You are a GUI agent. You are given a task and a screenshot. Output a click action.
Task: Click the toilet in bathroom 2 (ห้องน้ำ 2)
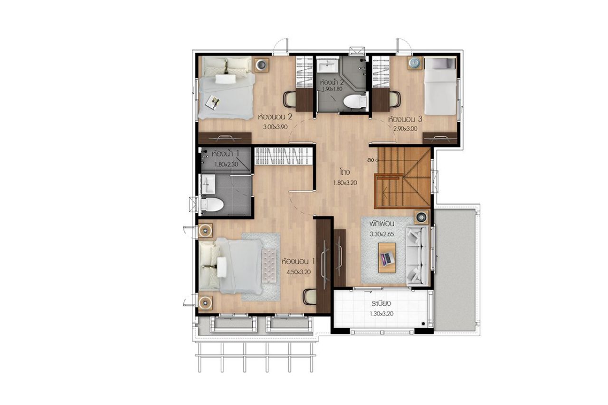(355, 102)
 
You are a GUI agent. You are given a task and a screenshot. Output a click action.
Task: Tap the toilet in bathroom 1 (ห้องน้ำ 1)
(212, 204)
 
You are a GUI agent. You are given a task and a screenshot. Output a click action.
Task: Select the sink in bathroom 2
(327, 66)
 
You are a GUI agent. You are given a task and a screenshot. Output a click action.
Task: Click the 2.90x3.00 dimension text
(405, 129)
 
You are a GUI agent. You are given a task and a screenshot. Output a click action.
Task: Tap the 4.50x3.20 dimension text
(299, 272)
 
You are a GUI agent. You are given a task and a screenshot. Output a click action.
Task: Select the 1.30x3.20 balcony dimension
(381, 314)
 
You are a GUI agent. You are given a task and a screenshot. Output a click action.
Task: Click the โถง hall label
(345, 172)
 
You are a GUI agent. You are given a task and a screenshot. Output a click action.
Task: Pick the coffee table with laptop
(387, 257)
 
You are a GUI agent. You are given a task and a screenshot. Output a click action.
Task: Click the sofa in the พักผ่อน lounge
(417, 256)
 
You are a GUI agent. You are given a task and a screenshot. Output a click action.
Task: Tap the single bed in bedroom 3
(440, 86)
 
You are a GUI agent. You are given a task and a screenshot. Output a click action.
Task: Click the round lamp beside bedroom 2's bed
(261, 65)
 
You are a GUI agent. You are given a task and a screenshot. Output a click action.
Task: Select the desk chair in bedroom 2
(290, 100)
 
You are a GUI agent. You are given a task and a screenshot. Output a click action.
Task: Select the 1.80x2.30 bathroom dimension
(226, 164)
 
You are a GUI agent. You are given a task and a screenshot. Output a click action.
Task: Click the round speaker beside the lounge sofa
(421, 217)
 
